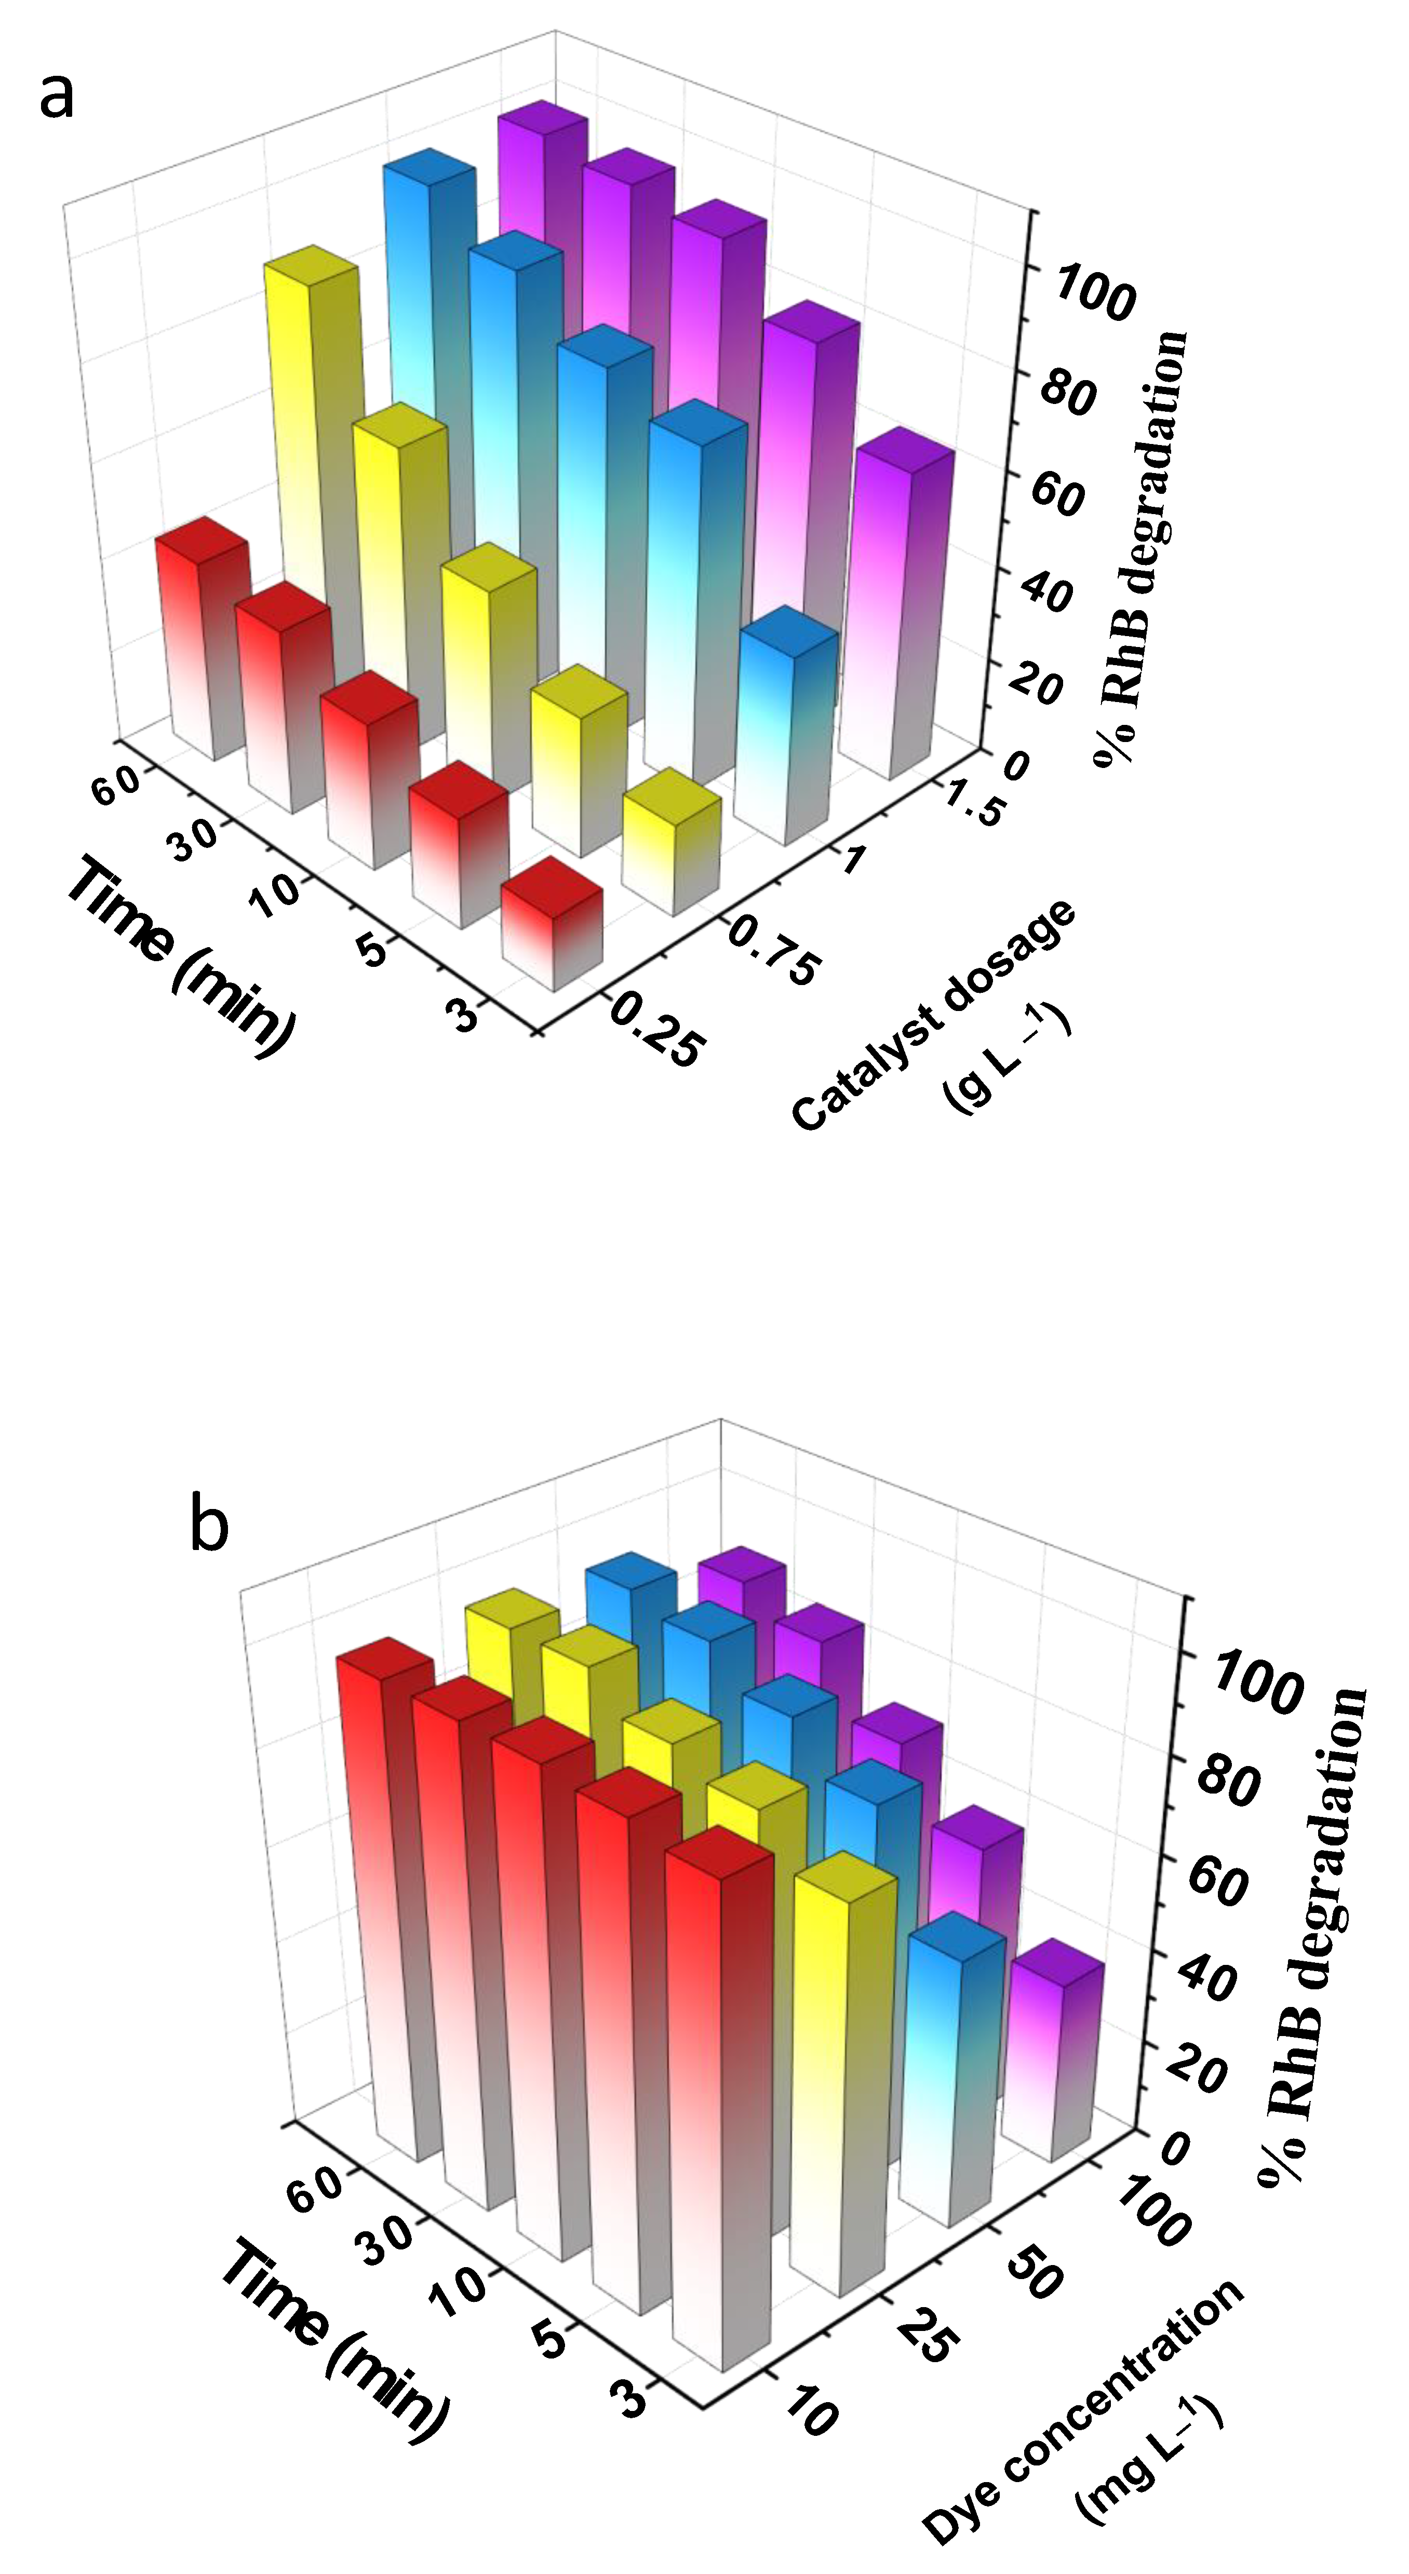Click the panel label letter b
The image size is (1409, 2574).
[x=209, y=1526]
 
